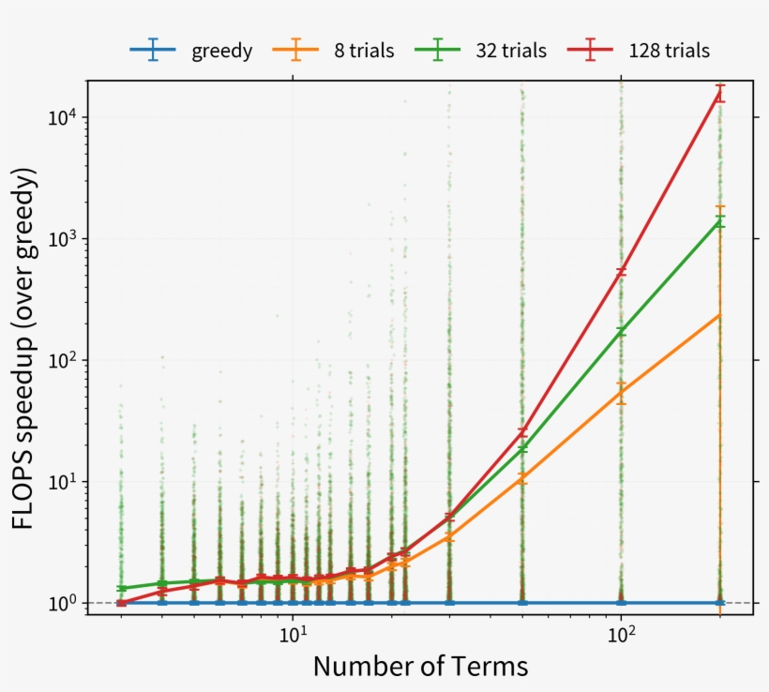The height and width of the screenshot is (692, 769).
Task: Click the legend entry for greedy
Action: tap(221, 51)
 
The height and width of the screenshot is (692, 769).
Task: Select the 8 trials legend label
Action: tap(364, 51)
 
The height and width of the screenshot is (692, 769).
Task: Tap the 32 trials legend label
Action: tap(510, 51)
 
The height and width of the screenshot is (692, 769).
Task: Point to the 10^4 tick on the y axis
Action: tap(62, 116)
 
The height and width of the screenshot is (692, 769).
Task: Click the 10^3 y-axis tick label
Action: tap(62, 238)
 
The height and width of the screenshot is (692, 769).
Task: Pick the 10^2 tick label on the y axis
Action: tap(62, 360)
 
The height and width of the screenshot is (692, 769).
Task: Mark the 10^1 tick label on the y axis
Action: tap(62, 481)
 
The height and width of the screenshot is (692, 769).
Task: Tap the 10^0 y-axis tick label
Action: tap(62, 603)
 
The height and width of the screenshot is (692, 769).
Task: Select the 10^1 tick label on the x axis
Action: tap(294, 636)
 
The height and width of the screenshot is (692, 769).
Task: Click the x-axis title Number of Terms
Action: tap(420, 667)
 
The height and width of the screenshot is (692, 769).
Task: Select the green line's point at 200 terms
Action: tap(719, 221)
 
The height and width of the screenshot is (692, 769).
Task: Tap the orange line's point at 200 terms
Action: tap(719, 315)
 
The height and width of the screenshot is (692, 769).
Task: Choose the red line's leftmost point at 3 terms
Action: tap(121, 602)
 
